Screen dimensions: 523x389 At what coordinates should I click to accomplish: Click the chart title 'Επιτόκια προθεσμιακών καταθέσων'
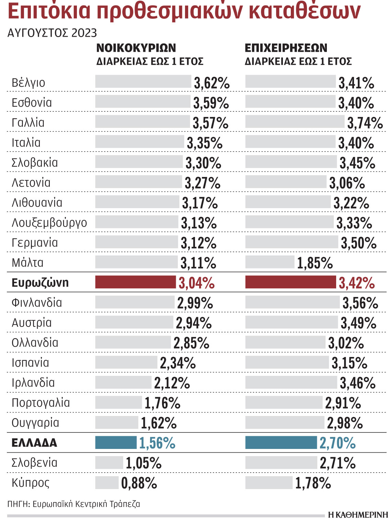[184, 11]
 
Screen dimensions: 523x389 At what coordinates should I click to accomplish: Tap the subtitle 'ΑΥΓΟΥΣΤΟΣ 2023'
[52, 33]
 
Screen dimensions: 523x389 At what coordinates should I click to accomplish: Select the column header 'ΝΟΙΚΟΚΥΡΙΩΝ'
[136, 48]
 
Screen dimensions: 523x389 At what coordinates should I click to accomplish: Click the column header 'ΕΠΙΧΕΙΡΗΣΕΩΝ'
[286, 48]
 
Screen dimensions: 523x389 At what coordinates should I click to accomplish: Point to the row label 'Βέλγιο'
[28, 83]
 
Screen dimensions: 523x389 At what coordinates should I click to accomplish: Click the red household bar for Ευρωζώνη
[135, 282]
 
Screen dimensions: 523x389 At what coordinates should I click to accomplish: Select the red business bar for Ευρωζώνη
[290, 282]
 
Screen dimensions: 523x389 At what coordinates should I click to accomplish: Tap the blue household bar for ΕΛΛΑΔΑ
[116, 442]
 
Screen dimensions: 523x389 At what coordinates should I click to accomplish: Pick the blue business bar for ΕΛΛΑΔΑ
[281, 442]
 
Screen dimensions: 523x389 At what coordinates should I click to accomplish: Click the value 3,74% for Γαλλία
[365, 123]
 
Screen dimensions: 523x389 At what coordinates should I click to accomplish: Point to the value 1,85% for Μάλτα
[314, 263]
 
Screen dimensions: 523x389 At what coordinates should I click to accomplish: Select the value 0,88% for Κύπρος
[139, 483]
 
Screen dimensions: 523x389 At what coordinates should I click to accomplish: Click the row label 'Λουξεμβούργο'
[49, 223]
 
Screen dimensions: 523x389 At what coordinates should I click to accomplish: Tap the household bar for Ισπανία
[126, 362]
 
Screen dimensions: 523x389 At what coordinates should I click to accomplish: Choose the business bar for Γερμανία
[291, 242]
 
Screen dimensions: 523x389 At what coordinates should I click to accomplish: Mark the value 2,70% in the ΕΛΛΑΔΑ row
[337, 443]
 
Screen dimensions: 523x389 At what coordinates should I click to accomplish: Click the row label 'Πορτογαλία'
[41, 403]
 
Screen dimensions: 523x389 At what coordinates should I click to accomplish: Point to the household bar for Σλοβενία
[109, 462]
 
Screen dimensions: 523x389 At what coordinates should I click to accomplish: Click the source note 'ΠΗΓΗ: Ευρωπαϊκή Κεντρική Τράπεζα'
[73, 504]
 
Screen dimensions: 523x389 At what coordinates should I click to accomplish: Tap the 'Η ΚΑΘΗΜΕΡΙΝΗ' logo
[357, 515]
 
